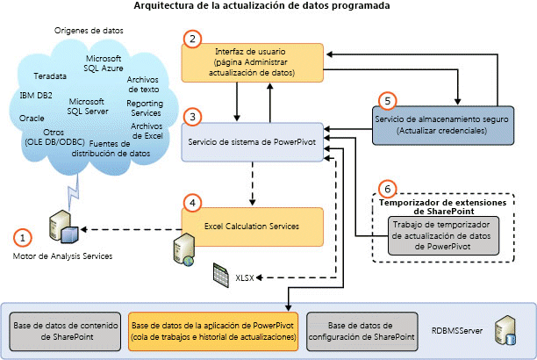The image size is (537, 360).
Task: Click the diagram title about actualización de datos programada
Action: pyautogui.click(x=268, y=7)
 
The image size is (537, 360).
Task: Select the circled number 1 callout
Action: pyautogui.click(x=24, y=236)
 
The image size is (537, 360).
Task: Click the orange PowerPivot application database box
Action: pyautogui.click(x=212, y=328)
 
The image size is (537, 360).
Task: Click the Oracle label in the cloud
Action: pyautogui.click(x=32, y=117)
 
